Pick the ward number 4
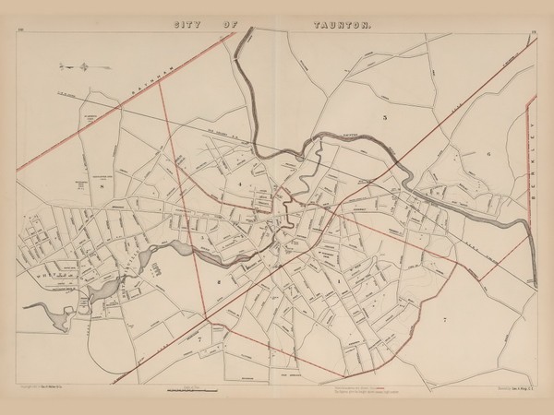pos(237,186)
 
